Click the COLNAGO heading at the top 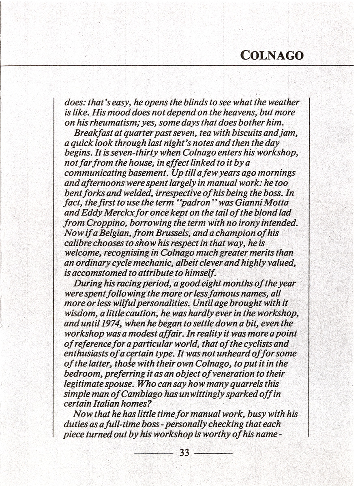tap(272, 55)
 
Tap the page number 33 tap(184, 453)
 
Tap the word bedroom tap(81, 373)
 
